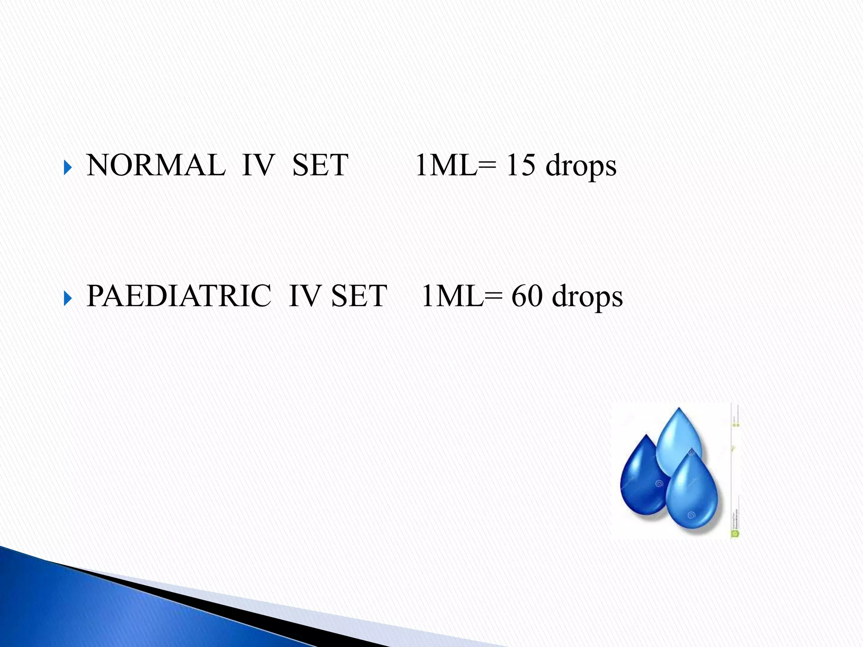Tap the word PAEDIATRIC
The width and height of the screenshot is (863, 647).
[x=179, y=296]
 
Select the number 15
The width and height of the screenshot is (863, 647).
[x=520, y=165]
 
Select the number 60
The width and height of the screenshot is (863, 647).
[x=527, y=296]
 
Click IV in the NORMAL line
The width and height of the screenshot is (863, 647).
[x=258, y=165]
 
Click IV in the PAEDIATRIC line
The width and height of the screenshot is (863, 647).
[x=305, y=296]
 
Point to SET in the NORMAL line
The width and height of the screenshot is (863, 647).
[x=320, y=165]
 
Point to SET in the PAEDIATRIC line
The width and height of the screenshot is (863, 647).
[x=359, y=296]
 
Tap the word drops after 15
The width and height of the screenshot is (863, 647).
[x=581, y=167]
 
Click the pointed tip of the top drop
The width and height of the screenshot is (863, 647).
[x=678, y=409]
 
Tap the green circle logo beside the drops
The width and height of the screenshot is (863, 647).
[x=735, y=533]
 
